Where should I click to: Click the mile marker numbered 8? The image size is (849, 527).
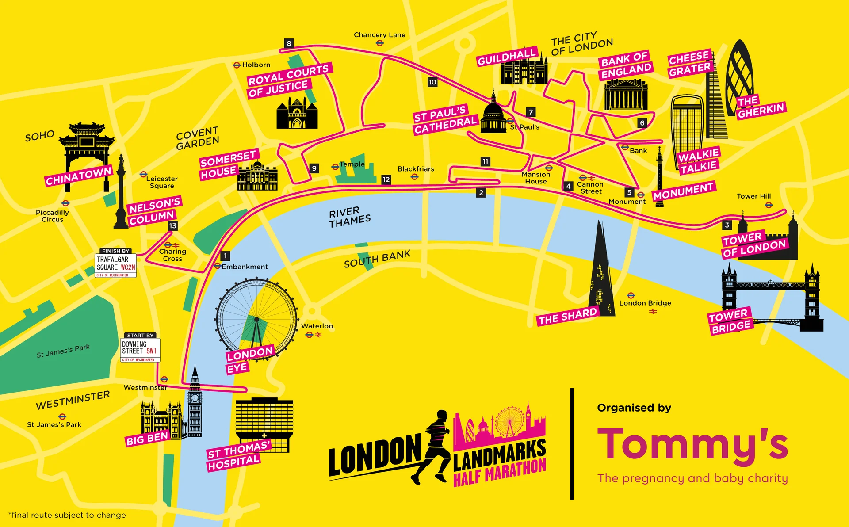tap(289, 43)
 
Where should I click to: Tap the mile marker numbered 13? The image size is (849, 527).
tap(172, 226)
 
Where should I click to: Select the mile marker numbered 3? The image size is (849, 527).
tap(727, 225)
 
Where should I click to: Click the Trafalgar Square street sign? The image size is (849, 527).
tap(115, 265)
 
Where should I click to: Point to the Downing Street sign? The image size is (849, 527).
tap(140, 350)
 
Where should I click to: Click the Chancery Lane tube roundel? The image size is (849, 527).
tap(379, 43)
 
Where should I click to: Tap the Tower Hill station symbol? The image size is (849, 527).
tap(769, 205)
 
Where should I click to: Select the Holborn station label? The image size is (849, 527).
tap(256, 65)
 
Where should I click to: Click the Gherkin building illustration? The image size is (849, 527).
tap(739, 75)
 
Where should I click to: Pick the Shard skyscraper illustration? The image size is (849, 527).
tap(601, 274)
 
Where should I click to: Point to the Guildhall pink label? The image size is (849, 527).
tap(507, 57)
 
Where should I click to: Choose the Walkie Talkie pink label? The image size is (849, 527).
tap(699, 160)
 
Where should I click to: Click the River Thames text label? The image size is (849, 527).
tap(349, 217)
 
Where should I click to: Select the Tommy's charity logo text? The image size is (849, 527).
tap(692, 444)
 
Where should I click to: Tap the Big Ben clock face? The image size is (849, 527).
tap(195, 398)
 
